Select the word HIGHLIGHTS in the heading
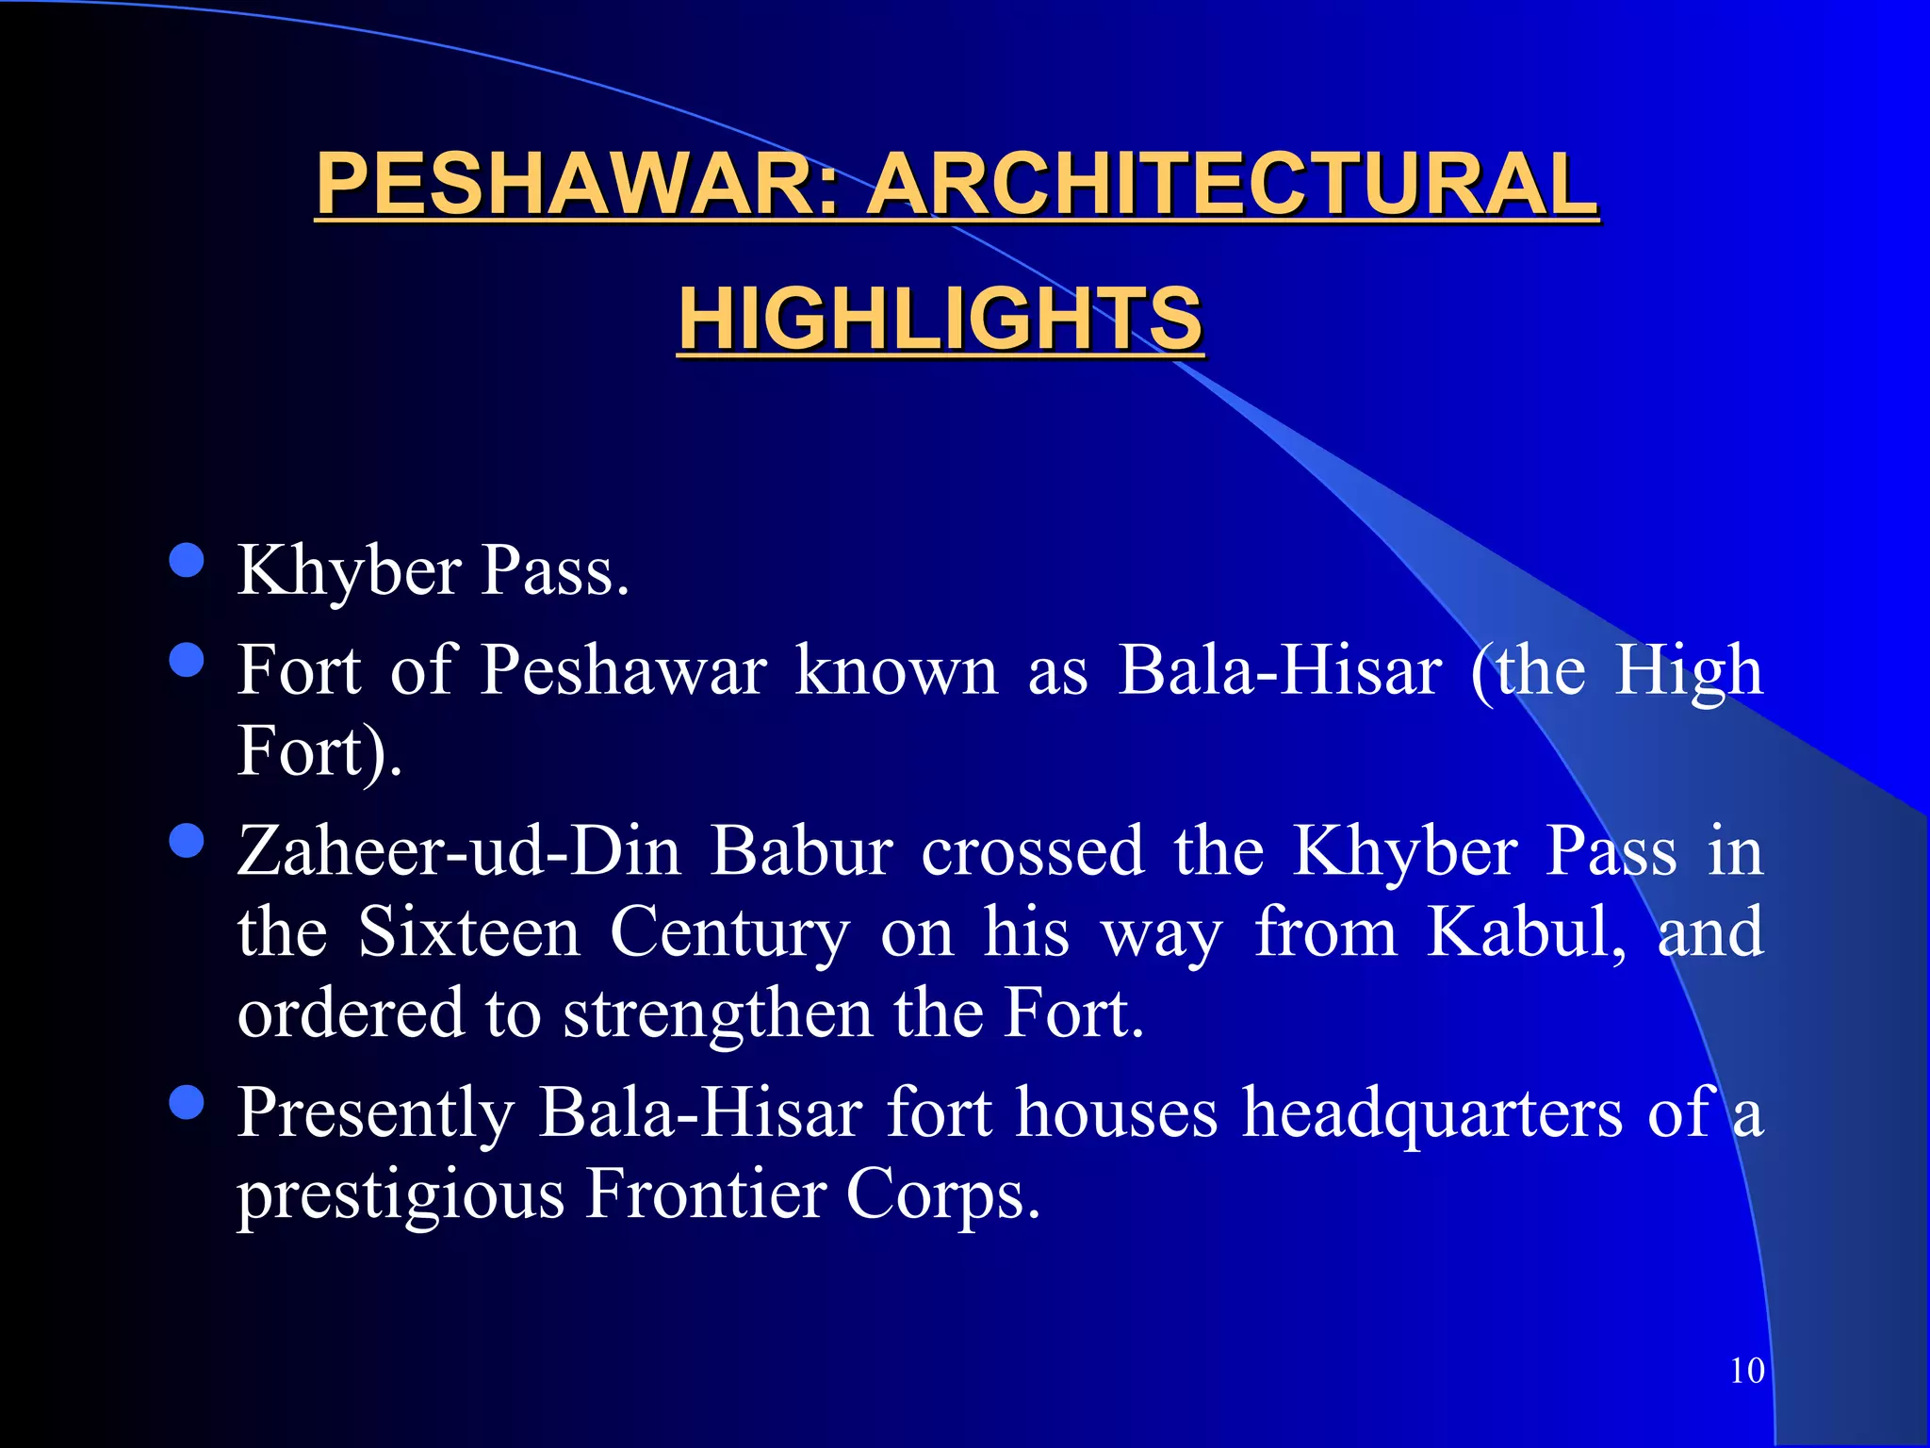(940, 319)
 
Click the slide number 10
(1747, 1371)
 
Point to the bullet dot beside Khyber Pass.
(187, 560)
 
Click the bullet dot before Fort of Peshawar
(187, 660)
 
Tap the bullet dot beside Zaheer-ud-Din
(187, 840)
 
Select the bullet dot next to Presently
(187, 1101)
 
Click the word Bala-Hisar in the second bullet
(1280, 671)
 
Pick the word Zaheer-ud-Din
(459, 851)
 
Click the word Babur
(801, 851)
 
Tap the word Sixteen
(468, 932)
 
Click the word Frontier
(706, 1193)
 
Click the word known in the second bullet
(896, 671)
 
